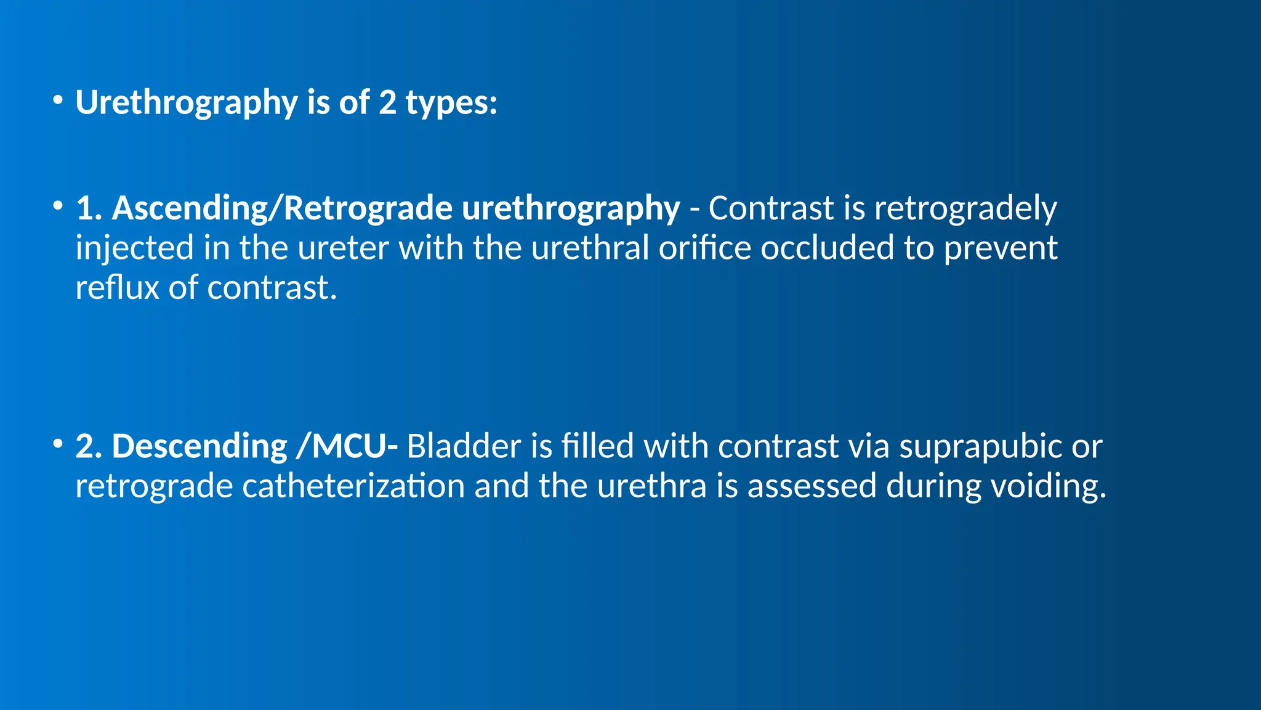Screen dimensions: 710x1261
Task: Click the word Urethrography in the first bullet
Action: (187, 102)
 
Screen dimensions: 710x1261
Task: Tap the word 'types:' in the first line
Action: (451, 102)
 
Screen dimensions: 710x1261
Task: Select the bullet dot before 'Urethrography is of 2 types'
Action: (58, 100)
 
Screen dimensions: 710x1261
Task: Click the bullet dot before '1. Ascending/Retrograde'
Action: (58, 206)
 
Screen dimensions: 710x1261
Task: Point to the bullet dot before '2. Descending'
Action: (58, 444)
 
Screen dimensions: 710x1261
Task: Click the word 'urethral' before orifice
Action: (590, 248)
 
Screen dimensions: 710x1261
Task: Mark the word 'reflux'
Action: (117, 288)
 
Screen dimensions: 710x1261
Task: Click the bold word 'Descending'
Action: (199, 446)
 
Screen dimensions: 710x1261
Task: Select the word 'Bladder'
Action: (464, 446)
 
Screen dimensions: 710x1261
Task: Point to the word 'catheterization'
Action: (353, 486)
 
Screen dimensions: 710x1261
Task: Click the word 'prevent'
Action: (1001, 248)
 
